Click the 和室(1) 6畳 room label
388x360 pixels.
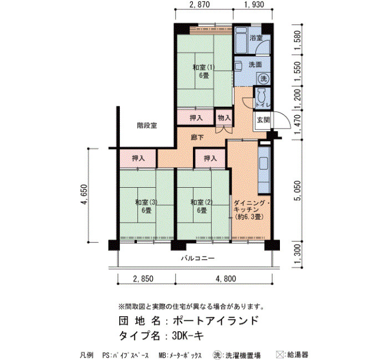pos(203,71)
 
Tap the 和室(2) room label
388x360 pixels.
pos(201,203)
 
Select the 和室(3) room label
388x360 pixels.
pos(146,203)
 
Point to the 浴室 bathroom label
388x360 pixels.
pos(256,38)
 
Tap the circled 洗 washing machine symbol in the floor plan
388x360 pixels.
pos(263,79)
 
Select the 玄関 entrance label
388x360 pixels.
pos(263,120)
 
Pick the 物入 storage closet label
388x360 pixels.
pos(224,117)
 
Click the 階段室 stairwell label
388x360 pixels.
pos(147,126)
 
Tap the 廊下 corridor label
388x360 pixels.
pos(197,137)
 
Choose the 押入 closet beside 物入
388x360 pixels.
pos(196,117)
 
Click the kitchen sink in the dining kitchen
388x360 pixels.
pos(263,164)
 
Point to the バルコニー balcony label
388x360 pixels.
pos(198,259)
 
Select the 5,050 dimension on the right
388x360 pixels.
pos(298,191)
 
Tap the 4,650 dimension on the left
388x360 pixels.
pos(84,195)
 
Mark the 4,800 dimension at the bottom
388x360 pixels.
pos(226,279)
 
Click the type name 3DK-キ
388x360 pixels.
pos(188,336)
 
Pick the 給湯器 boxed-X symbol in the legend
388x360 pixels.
pos(280,354)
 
